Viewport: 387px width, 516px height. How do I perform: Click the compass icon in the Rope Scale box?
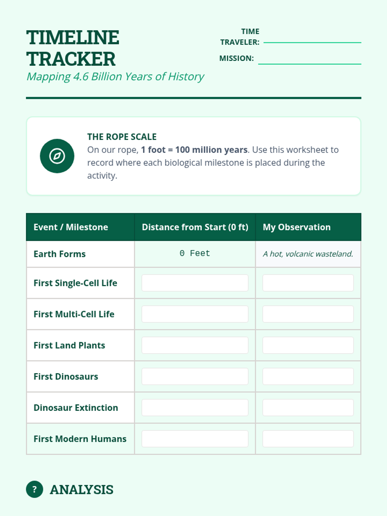pos(57,156)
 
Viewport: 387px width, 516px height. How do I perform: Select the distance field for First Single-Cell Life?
pos(195,283)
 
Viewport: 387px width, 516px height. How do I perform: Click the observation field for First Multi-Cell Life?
pos(308,314)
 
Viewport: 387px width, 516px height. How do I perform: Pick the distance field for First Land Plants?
pos(195,345)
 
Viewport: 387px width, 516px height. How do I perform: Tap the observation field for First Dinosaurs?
pos(308,376)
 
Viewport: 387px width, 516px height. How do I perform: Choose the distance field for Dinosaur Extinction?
pos(195,408)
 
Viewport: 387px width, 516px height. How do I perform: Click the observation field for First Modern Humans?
pos(308,439)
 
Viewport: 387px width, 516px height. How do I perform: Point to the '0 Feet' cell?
pos(195,253)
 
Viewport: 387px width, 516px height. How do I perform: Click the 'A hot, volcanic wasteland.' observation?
pos(308,254)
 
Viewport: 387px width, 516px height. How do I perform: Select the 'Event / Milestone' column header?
pos(71,227)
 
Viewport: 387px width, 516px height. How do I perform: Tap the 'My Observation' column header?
pos(297,227)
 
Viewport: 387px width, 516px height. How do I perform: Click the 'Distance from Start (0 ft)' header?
pos(195,227)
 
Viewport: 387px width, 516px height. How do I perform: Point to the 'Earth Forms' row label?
pos(60,254)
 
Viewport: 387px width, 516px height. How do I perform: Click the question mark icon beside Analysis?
pos(35,490)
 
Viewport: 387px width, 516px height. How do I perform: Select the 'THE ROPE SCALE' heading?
pos(122,137)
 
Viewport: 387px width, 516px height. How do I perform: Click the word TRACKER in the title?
pos(71,59)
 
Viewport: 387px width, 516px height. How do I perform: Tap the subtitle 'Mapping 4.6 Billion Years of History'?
pos(115,77)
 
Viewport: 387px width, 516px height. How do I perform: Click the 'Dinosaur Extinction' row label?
pos(76,408)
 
